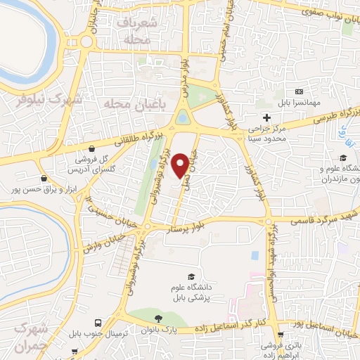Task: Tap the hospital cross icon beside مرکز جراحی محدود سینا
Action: (266, 117)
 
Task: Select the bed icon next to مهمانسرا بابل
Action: (300, 92)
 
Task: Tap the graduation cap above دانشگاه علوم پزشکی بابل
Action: (190, 276)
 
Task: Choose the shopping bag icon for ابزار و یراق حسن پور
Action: (45, 178)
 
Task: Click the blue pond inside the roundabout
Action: (183, 117)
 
